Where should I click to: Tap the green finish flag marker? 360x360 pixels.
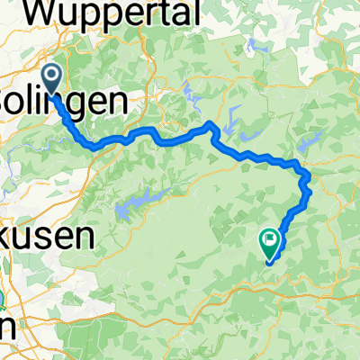(269, 239)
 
